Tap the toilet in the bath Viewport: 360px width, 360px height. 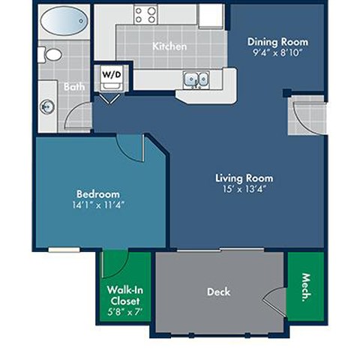click(x=52, y=55)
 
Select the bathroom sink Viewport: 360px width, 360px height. click(x=46, y=106)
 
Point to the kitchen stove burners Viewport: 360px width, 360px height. click(x=145, y=14)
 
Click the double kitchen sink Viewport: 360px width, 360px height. click(x=196, y=79)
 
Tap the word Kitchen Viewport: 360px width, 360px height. click(x=169, y=46)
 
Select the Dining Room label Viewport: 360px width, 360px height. click(x=277, y=42)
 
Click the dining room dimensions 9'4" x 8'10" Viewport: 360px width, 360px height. click(x=277, y=53)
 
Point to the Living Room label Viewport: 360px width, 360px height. click(x=244, y=178)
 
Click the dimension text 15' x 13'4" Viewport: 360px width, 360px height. click(x=244, y=190)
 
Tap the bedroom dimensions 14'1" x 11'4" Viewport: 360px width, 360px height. click(x=98, y=205)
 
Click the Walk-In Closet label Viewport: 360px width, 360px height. click(x=124, y=295)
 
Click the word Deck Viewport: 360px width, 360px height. click(x=219, y=292)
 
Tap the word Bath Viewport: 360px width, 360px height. click(x=74, y=87)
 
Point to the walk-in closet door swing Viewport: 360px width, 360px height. click(x=114, y=264)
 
